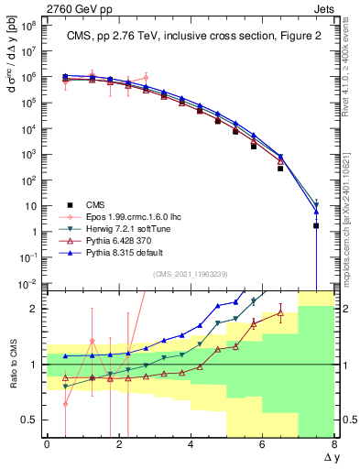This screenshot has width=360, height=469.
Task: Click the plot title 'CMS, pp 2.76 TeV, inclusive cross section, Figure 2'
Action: pos(189,37)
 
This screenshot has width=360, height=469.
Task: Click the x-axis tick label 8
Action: pos(334,445)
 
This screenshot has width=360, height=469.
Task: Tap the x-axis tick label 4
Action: pos(191,445)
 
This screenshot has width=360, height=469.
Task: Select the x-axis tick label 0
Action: pos(47,445)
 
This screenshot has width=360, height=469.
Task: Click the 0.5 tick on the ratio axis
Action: pos(32,420)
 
